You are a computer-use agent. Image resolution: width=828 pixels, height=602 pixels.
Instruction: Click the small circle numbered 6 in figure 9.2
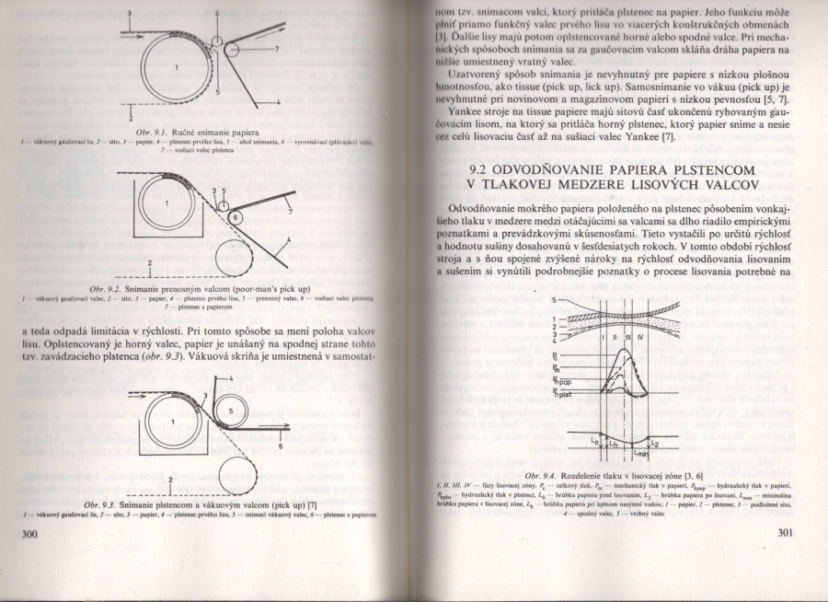pyautogui.click(x=235, y=217)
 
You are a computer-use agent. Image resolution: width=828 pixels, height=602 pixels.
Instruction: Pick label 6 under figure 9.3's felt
pyautogui.click(x=279, y=446)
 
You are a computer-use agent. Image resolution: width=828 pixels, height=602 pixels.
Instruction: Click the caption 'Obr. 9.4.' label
pyautogui.click(x=544, y=474)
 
